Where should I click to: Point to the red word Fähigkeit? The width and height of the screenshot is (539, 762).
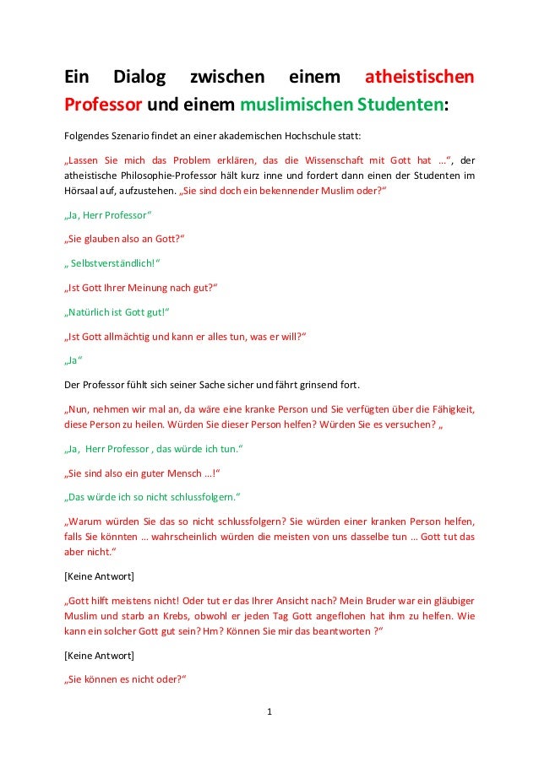449,411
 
